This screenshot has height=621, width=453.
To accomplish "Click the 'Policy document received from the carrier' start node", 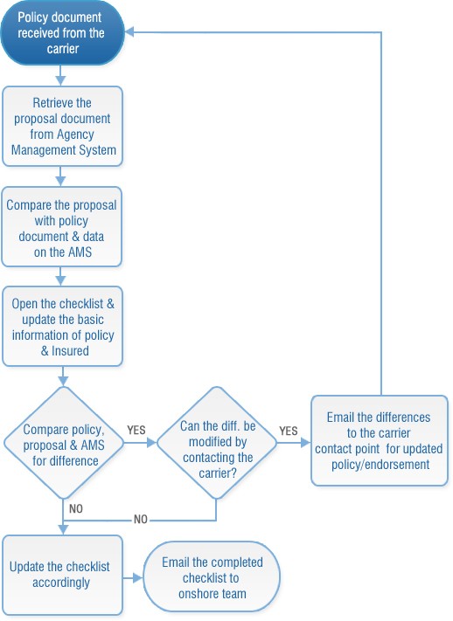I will [60, 32].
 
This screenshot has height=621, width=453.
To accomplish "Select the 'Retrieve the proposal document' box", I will [60, 125].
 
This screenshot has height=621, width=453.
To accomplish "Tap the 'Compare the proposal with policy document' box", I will [60, 226].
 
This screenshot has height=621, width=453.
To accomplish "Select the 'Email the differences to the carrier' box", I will [379, 441].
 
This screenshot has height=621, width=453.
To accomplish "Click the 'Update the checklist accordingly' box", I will [60, 573].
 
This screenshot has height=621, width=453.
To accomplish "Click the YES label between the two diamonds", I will [136, 431].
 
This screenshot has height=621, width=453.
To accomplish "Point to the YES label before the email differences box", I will [288, 431].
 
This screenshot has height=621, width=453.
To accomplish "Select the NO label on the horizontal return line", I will [140, 519].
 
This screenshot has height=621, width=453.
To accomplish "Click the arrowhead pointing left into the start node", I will [132, 32].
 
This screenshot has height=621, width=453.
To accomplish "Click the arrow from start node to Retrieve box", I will [59, 76].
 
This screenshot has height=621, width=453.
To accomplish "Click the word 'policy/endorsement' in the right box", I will [380, 465].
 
